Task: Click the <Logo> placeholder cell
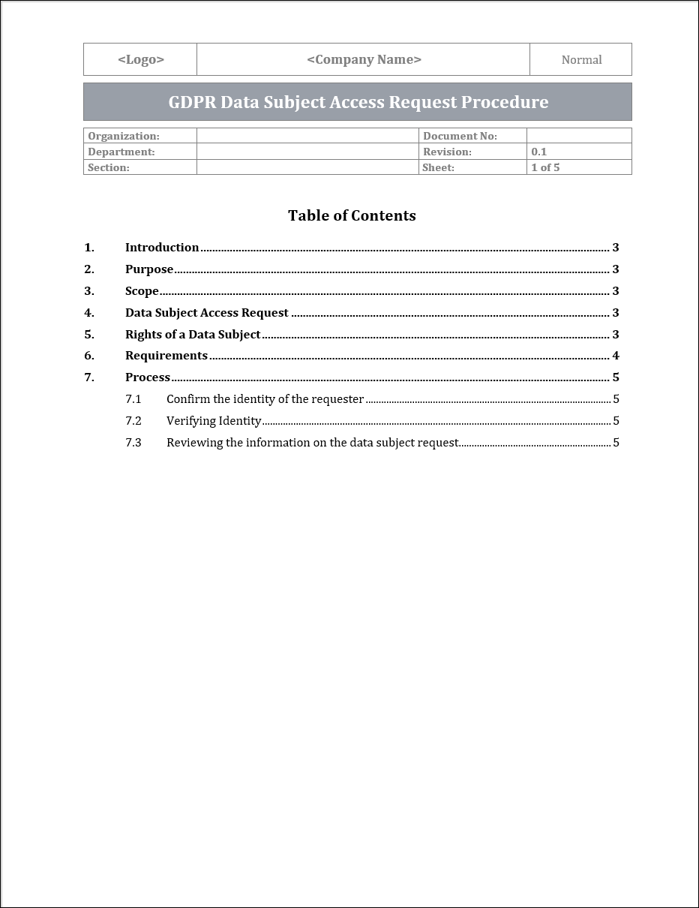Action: pyautogui.click(x=141, y=60)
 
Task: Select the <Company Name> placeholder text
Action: pyautogui.click(x=364, y=60)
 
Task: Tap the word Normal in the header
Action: pyautogui.click(x=581, y=60)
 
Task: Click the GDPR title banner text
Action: pyautogui.click(x=358, y=102)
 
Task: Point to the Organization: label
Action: pyautogui.click(x=124, y=136)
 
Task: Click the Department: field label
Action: pyautogui.click(x=121, y=152)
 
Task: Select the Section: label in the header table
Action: pyautogui.click(x=109, y=167)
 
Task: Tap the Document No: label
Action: pyautogui.click(x=460, y=136)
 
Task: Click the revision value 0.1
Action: pyautogui.click(x=539, y=152)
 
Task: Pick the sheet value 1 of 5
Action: pyautogui.click(x=545, y=167)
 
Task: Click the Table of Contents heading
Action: pyautogui.click(x=352, y=215)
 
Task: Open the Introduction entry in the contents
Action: pyautogui.click(x=162, y=248)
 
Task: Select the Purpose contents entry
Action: pyautogui.click(x=149, y=269)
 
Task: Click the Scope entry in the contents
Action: pyautogui.click(x=142, y=291)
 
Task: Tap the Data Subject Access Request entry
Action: pyautogui.click(x=206, y=313)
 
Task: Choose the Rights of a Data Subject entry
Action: pyautogui.click(x=193, y=335)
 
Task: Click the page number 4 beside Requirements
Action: pyautogui.click(x=616, y=356)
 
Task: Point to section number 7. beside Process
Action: pyautogui.click(x=89, y=377)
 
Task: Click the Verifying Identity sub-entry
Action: pyautogui.click(x=214, y=421)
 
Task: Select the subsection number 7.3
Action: pyautogui.click(x=133, y=443)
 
